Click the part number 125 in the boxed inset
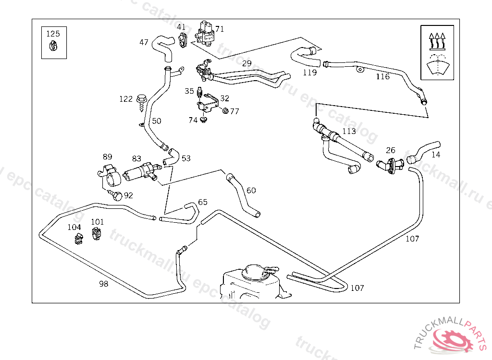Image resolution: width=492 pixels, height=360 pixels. click(53, 34)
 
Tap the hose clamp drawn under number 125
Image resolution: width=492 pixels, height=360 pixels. click(53, 46)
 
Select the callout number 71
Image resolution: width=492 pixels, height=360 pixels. click(220, 29)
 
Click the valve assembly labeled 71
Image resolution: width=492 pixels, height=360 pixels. click(205, 33)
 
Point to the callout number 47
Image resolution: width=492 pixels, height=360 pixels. click(144, 42)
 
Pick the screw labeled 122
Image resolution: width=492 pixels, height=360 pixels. click(141, 101)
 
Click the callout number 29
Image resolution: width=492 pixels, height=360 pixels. click(247, 63)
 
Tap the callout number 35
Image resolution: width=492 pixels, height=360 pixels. click(189, 91)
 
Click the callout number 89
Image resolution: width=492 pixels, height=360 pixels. click(108, 156)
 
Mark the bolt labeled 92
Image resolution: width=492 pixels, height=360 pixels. click(116, 195)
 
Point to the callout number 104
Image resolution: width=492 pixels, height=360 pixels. click(74, 227)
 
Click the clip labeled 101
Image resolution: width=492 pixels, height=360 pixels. click(96, 234)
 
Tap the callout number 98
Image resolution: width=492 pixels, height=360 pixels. click(104, 284)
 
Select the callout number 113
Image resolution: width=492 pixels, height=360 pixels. click(349, 131)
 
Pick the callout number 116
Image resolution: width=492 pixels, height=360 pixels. click(383, 76)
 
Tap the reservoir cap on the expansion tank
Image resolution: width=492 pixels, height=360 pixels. click(257, 272)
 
